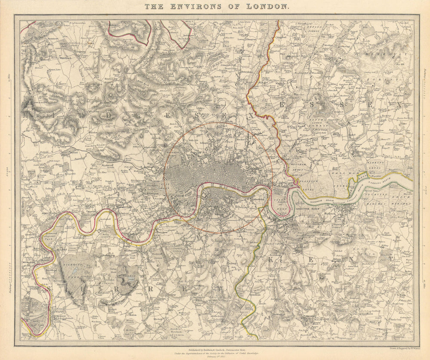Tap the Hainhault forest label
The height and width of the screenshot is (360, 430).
click(x=383, y=54)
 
